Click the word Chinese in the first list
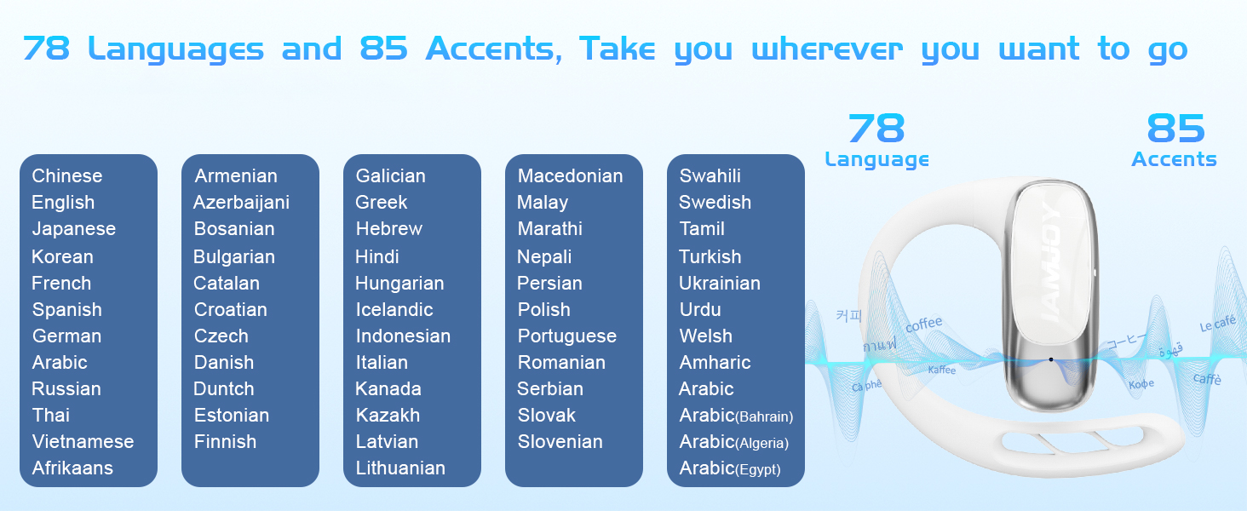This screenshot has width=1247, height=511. pyautogui.click(x=66, y=176)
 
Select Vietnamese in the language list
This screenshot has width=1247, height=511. pyautogui.click(x=83, y=441)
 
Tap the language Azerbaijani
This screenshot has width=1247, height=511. pyautogui.click(x=241, y=203)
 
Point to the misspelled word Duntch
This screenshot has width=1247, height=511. pyautogui.click(x=224, y=388)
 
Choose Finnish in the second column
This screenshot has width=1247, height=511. pyautogui.click(x=225, y=441)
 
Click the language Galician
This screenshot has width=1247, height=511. pyautogui.click(x=390, y=176)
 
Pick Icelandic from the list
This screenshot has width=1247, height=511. pyautogui.click(x=394, y=309)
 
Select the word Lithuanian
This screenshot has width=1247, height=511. pyautogui.click(x=400, y=468)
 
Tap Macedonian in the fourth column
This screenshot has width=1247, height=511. pyautogui.click(x=570, y=176)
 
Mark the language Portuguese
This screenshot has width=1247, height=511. pyautogui.click(x=566, y=336)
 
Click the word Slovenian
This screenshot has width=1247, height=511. pyautogui.click(x=560, y=441)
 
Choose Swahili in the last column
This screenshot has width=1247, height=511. pyautogui.click(x=710, y=176)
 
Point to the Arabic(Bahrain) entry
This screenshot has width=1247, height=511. pyautogui.click(x=736, y=416)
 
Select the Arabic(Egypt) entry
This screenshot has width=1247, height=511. pyautogui.click(x=730, y=468)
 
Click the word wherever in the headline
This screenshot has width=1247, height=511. pyautogui.click(x=827, y=49)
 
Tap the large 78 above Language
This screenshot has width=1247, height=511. pyautogui.click(x=876, y=128)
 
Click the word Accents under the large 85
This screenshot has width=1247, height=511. pyautogui.click(x=1174, y=159)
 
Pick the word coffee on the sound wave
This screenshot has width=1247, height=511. pyautogui.click(x=923, y=324)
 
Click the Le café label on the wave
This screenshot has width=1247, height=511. pyautogui.click(x=1217, y=324)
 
